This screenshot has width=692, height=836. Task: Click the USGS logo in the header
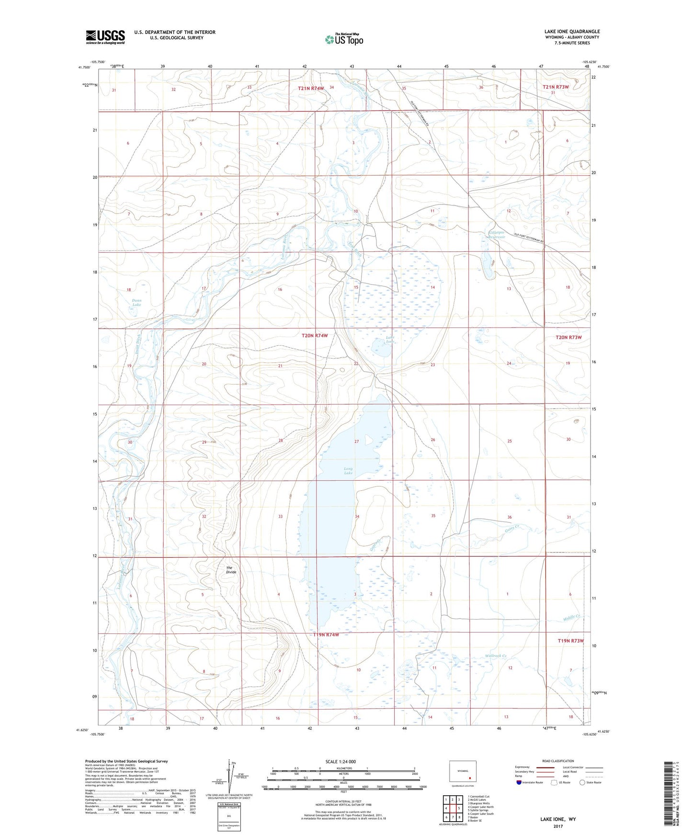click(x=105, y=37)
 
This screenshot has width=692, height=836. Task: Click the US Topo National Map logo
click(x=343, y=39)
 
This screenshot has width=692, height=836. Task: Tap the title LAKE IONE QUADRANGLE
click(x=572, y=32)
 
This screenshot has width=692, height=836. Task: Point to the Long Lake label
click(x=349, y=471)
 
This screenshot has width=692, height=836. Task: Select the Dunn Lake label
click(x=136, y=302)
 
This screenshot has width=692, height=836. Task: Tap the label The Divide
click(x=231, y=570)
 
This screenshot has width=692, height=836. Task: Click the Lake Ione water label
click(x=390, y=339)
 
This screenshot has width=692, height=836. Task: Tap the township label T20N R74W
click(x=315, y=336)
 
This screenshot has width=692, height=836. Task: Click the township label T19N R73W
click(x=571, y=641)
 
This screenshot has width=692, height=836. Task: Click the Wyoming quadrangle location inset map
click(x=463, y=771)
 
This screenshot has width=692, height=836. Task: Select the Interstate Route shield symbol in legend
click(x=519, y=782)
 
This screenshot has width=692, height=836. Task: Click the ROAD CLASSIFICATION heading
click(x=558, y=761)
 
